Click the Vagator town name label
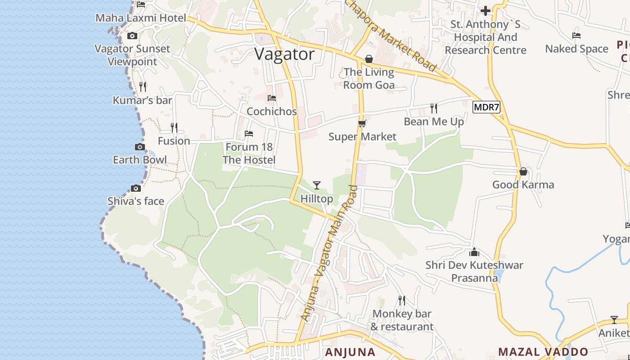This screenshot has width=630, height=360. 284,54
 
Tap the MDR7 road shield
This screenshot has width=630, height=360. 486,107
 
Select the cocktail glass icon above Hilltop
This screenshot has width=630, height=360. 317,185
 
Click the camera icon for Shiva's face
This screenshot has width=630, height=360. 136,188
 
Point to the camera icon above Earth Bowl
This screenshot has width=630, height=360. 140,147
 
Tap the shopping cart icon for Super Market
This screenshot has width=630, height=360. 362,123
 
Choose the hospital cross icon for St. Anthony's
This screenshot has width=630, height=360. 486,10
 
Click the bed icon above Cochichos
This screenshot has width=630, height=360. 272,98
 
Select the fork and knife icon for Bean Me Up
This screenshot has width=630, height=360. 434,108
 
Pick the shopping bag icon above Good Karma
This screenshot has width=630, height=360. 523,171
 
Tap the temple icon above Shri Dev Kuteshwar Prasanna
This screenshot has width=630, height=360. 474,252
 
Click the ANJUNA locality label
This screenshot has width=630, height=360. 350,352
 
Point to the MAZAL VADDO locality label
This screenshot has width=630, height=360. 543,352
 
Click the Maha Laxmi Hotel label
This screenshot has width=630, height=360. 141,18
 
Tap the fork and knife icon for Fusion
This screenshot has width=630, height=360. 174,128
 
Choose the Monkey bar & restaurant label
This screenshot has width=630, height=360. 402,320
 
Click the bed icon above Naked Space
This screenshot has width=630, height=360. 576,36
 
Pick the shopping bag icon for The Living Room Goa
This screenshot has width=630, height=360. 369,59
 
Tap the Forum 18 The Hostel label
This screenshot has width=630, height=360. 249,153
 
